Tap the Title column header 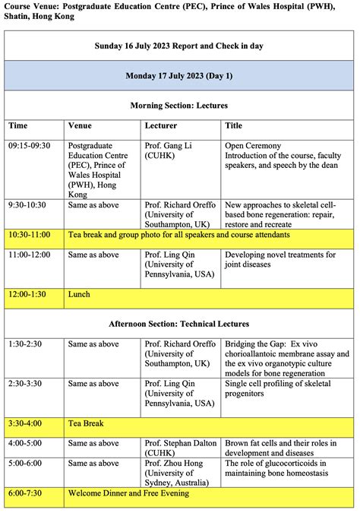pyautogui.click(x=234, y=125)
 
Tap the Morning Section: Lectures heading pyautogui.click(x=179, y=105)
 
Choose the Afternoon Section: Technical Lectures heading pyautogui.click(x=179, y=325)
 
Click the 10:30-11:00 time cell pyautogui.click(x=31, y=236)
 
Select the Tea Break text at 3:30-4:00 pyautogui.click(x=86, y=423)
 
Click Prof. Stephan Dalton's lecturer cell pyautogui.click(x=179, y=448)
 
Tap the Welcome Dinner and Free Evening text pyautogui.click(x=128, y=494)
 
